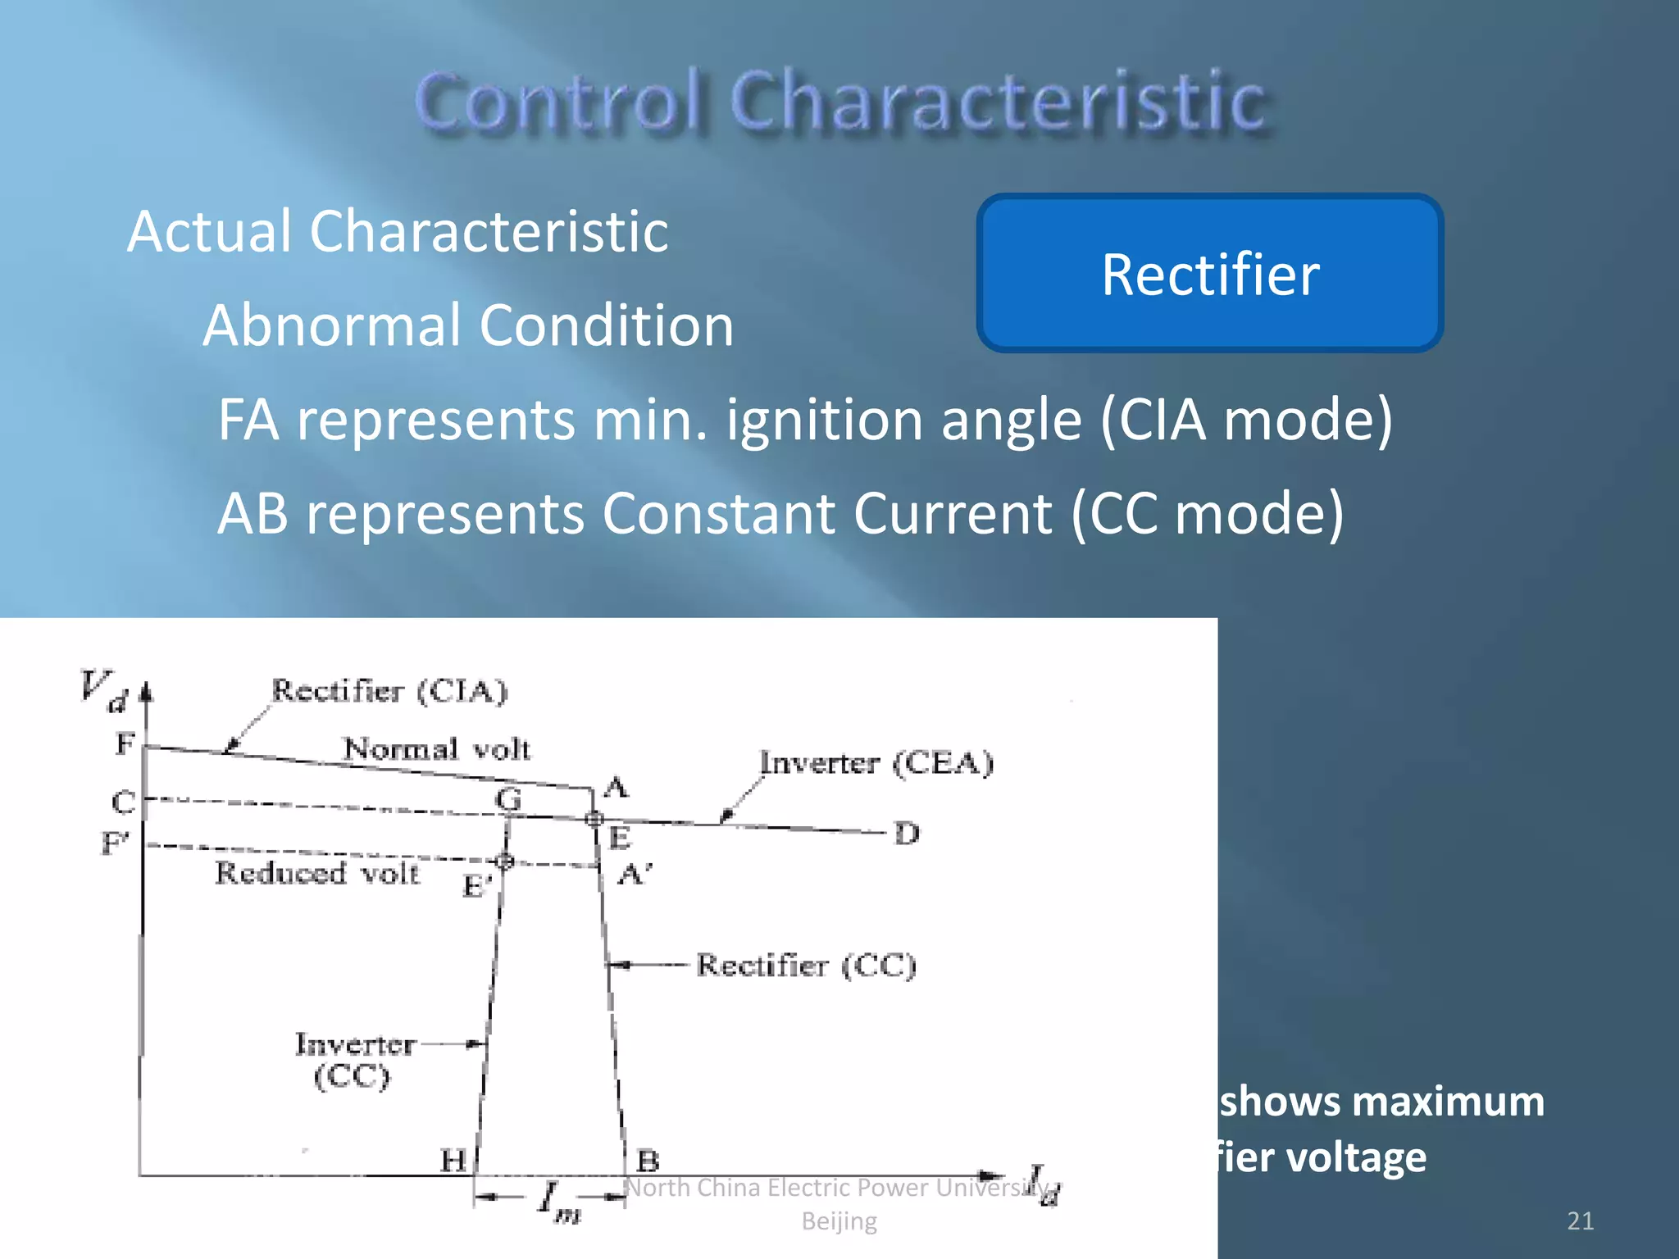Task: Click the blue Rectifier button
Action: point(1209,274)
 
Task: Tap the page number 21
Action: point(1580,1220)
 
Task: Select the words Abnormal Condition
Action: point(468,325)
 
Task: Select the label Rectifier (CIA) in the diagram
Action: point(389,691)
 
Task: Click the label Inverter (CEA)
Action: point(876,763)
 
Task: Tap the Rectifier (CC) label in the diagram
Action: point(806,966)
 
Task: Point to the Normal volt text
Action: point(436,748)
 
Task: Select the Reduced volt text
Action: point(317,873)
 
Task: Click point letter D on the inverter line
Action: point(907,834)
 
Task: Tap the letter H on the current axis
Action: point(453,1160)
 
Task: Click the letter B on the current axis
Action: point(648,1160)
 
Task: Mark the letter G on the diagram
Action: point(508,798)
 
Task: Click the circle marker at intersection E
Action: point(594,818)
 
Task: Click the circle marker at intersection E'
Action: point(505,861)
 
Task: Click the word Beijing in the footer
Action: point(839,1221)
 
